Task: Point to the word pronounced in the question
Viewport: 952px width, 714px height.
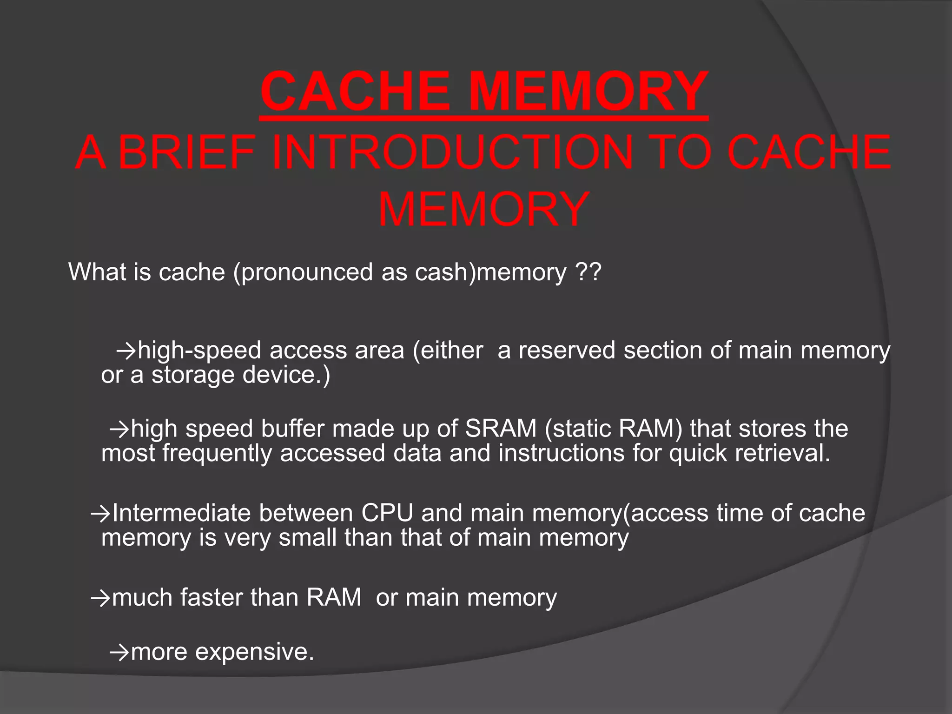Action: pyautogui.click(x=307, y=272)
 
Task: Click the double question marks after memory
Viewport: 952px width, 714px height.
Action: pyautogui.click(x=588, y=272)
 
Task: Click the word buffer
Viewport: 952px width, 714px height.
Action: pyautogui.click(x=292, y=428)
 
